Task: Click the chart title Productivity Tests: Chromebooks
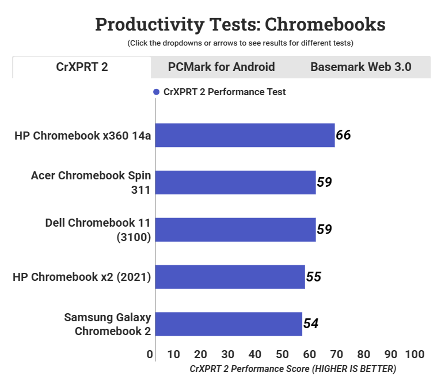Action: [240, 24]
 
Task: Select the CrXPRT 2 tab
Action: [82, 67]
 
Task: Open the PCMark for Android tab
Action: [221, 67]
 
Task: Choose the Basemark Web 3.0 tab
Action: [360, 67]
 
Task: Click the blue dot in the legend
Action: [156, 92]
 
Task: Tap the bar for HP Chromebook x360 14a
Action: [245, 136]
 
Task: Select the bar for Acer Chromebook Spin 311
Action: [235, 182]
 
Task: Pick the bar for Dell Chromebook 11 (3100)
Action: [235, 230]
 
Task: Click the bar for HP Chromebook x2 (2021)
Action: [230, 277]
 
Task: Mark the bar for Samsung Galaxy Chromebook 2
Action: [229, 324]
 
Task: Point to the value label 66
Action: [343, 136]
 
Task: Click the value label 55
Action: [313, 277]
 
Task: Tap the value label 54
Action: [311, 324]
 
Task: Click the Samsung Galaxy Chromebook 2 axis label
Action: [108, 324]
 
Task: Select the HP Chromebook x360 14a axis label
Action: [83, 136]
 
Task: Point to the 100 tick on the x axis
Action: [414, 354]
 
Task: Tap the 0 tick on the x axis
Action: [150, 354]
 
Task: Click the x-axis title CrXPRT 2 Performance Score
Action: [292, 369]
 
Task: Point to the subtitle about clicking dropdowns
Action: [240, 43]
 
